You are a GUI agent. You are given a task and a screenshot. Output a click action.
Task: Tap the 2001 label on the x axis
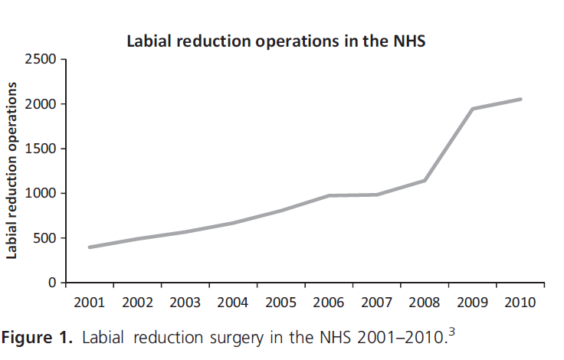coord(90,303)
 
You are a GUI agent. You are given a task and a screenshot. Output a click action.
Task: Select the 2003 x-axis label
coord(185,303)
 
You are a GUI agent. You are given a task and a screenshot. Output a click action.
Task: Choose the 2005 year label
coord(281,303)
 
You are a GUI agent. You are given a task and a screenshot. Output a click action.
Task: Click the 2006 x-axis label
coord(329,303)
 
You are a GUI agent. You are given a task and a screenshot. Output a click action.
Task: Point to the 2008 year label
coord(425,303)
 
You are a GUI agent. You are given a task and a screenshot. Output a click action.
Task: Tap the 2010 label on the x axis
coord(520,303)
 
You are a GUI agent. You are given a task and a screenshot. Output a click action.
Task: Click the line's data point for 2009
coord(473,109)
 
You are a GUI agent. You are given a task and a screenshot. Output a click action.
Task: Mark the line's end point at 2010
coord(520,99)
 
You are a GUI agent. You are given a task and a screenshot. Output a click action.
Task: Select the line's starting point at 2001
coord(90,247)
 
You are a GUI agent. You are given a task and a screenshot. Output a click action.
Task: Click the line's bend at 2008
coord(425,181)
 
